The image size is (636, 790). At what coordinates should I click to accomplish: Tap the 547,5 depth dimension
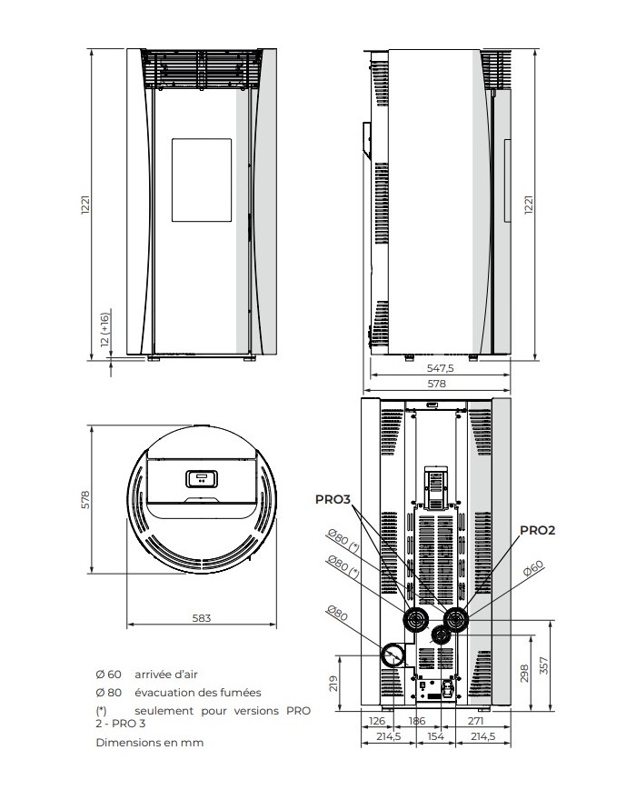440,371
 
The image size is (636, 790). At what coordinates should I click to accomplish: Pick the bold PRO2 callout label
537,529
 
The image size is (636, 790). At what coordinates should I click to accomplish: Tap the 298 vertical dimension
523,673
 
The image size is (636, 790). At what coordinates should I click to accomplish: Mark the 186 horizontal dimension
417,721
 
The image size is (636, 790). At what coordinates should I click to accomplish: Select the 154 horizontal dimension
435,736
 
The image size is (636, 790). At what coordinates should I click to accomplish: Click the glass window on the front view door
200,178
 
